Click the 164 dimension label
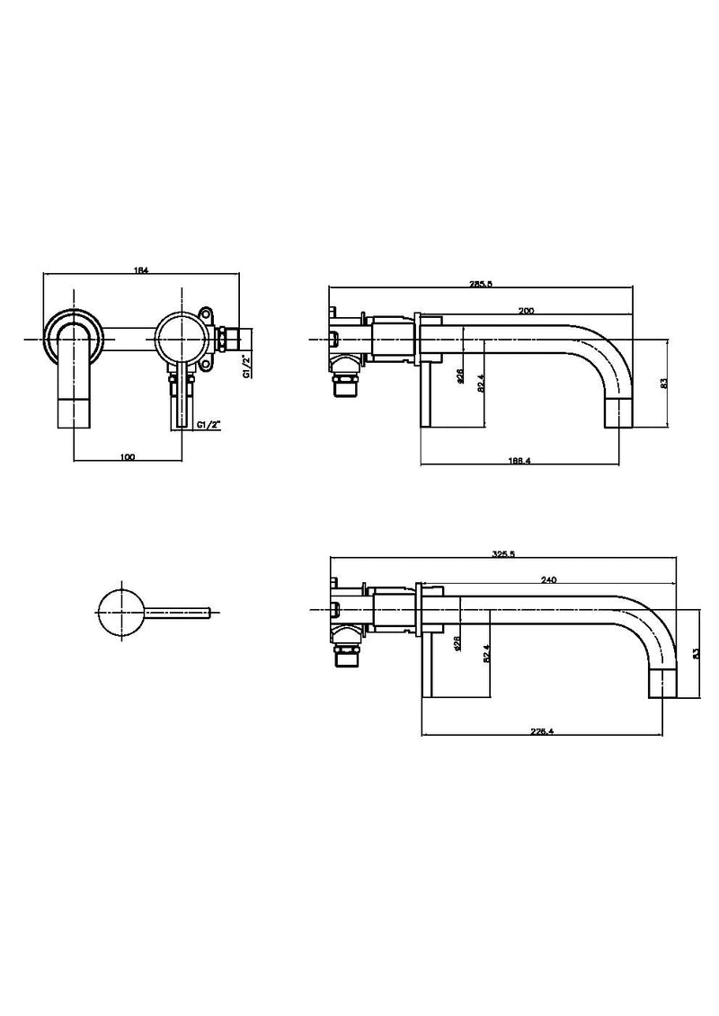click(x=140, y=269)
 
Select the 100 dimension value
click(x=127, y=457)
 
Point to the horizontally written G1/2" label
click(x=209, y=424)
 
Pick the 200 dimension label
click(x=528, y=309)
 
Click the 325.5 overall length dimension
click(x=503, y=554)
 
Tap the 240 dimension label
click(x=547, y=580)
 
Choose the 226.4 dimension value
click(x=541, y=731)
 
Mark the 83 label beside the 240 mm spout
click(x=694, y=654)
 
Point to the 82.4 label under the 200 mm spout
click(x=483, y=383)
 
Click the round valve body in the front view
click(x=181, y=340)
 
